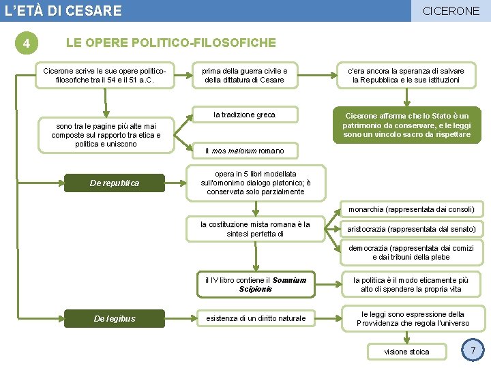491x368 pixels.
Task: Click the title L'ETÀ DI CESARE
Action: [63, 11]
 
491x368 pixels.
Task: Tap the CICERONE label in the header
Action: [451, 11]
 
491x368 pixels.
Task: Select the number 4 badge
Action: [26, 44]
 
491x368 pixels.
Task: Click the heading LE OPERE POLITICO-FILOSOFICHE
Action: [170, 43]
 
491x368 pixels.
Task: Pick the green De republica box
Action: [115, 183]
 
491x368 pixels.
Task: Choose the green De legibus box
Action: [115, 318]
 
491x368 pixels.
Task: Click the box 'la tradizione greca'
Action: [244, 114]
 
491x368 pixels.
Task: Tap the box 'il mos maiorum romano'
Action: [245, 151]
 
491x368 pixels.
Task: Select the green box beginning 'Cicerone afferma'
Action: [406, 125]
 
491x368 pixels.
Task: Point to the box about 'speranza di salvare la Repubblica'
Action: [406, 76]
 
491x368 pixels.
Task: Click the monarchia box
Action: [411, 209]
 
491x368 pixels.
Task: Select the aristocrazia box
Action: [411, 229]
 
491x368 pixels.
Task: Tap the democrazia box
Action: [411, 253]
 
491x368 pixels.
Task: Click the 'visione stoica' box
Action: [406, 352]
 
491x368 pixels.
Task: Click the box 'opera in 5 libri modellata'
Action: [255, 183]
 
